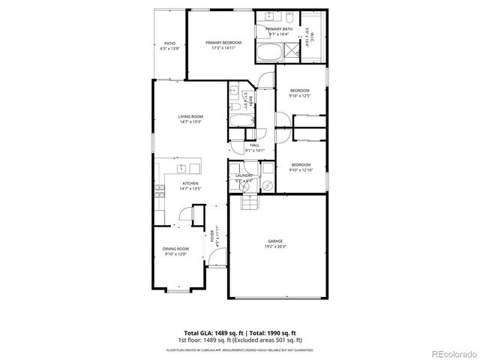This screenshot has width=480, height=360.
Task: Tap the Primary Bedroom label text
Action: point(225,43)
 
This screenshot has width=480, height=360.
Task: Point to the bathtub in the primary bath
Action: point(269,52)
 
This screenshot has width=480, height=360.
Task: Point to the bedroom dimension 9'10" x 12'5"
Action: point(300,96)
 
